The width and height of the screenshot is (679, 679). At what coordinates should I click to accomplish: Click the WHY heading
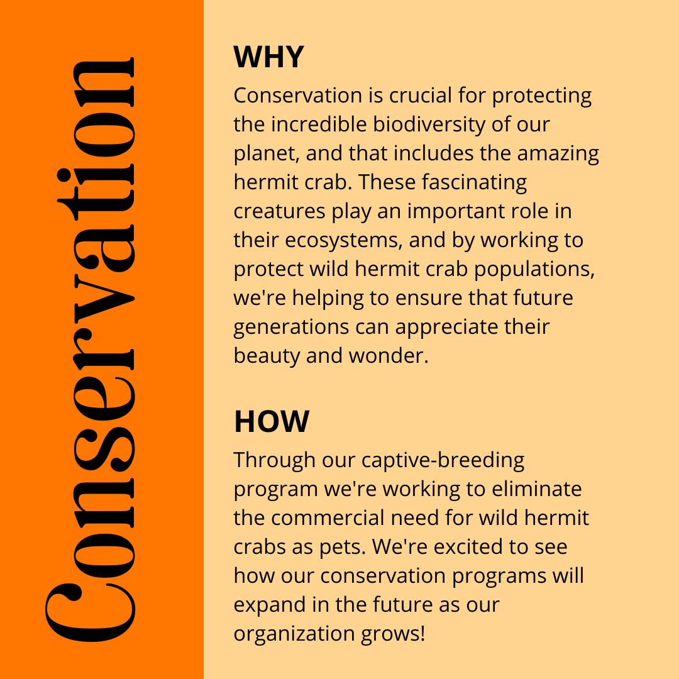(x=268, y=57)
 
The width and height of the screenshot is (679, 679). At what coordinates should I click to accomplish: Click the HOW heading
(x=272, y=421)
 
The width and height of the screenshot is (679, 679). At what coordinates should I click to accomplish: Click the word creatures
(x=280, y=211)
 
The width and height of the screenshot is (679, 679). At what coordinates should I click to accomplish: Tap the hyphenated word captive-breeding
(x=443, y=460)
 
